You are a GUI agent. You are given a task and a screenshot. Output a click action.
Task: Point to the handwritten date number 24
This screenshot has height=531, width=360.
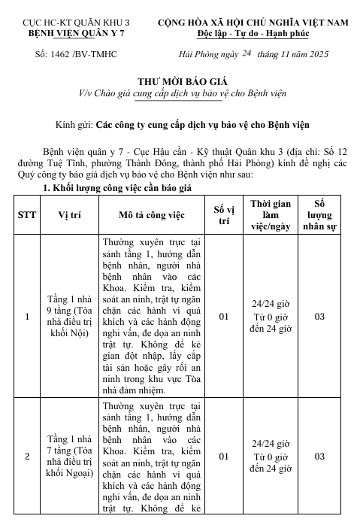(x=245, y=53)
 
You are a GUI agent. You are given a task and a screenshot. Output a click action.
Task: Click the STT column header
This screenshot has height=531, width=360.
(x=28, y=214)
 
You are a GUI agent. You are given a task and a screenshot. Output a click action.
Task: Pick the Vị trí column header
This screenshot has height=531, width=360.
(x=71, y=214)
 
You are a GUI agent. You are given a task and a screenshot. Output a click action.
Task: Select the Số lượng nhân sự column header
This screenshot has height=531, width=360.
(x=319, y=214)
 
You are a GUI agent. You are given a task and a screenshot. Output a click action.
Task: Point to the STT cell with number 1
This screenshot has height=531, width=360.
(x=28, y=316)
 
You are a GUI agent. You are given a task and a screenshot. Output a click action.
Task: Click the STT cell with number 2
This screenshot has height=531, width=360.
(x=28, y=456)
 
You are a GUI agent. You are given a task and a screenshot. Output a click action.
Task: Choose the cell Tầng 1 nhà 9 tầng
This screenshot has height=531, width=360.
(x=71, y=316)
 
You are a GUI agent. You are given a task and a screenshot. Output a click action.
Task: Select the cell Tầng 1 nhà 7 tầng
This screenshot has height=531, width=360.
(x=71, y=456)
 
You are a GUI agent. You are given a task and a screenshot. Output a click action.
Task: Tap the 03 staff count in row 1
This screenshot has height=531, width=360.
(x=319, y=316)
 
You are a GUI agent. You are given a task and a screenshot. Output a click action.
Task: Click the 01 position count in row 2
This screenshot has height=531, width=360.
(x=223, y=456)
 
